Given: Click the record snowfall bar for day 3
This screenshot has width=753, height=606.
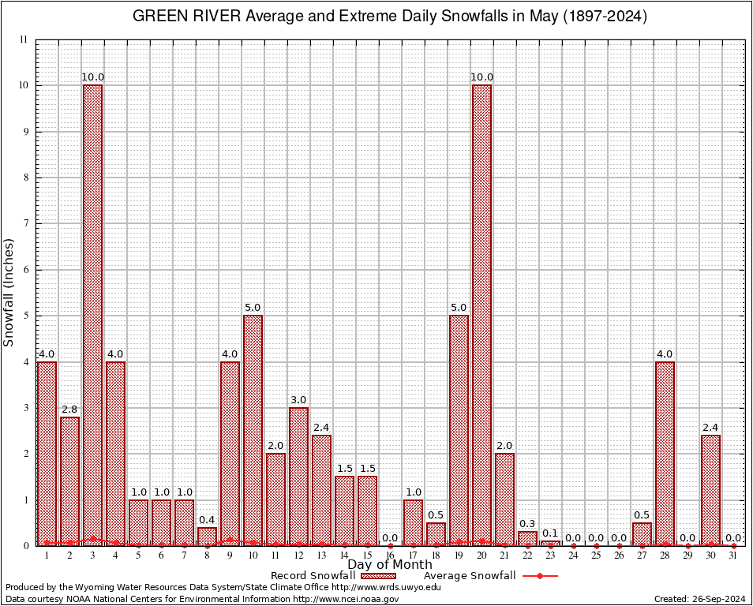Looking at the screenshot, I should pos(92,315).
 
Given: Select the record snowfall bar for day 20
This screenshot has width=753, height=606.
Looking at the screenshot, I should pos(481,315).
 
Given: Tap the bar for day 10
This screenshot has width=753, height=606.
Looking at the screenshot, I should pos(253,430).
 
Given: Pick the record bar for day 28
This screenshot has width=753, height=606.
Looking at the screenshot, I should pos(665,453).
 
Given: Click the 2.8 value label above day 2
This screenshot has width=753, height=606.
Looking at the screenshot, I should pos(69,410).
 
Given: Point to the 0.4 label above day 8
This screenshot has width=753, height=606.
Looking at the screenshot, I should pos(207,520).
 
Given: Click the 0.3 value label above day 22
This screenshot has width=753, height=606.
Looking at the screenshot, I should pos(527,524).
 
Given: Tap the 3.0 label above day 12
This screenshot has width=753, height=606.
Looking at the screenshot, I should pos(298,400).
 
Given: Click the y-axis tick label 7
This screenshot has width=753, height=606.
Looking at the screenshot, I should pos(25,223).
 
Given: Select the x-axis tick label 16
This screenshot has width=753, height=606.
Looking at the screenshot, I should pos(390,556).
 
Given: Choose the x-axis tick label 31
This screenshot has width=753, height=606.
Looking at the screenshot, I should pos(733,556).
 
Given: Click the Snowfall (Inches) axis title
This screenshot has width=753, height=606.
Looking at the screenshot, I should pos(9,292).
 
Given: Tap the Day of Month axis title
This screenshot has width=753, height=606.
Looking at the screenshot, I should pos(390,565).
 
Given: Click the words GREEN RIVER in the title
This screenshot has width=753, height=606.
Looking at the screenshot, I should pos(182,17).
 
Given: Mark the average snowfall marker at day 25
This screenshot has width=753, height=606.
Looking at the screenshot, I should pos(596,545).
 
